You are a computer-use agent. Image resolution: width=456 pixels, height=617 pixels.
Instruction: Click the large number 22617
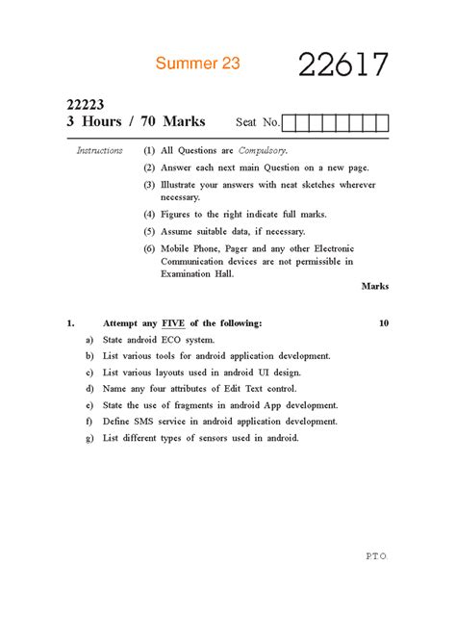342,65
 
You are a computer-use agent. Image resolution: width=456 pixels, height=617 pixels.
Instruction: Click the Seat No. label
258,123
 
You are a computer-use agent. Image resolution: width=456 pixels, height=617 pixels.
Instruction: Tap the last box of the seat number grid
382,122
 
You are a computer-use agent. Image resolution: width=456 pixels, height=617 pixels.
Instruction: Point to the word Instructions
100,151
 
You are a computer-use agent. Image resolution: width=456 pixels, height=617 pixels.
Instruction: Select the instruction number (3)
149,183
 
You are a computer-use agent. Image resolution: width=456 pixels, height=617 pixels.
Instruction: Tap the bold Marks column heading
375,286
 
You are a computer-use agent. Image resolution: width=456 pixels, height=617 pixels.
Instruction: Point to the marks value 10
384,323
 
